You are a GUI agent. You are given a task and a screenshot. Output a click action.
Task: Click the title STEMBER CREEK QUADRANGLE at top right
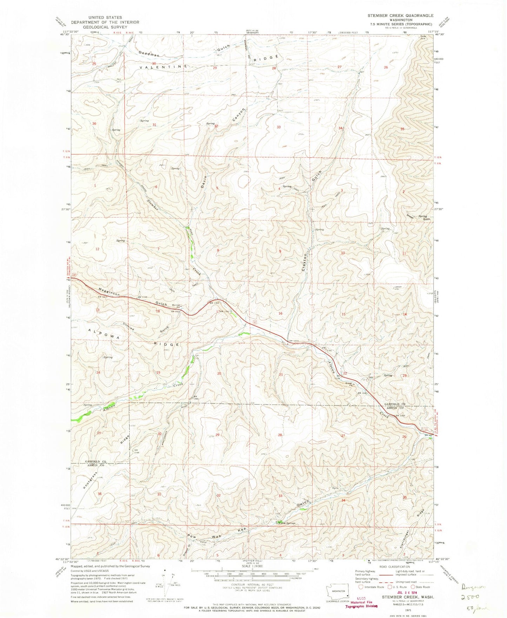coord(401,16)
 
